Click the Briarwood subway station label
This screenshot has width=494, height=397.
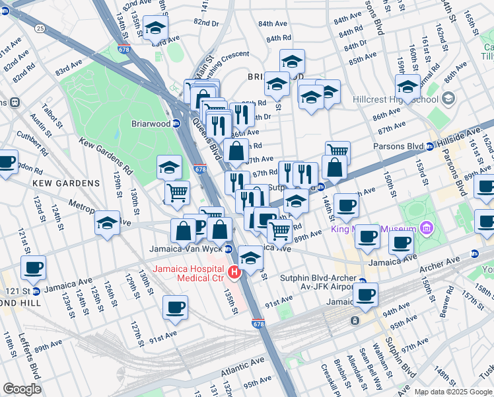tap(146, 123)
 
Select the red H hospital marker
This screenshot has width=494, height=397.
tap(233, 273)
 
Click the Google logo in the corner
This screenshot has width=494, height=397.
tap(22, 389)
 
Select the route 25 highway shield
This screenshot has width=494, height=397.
tap(41, 28)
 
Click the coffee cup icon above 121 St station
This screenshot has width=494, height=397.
tap(33, 269)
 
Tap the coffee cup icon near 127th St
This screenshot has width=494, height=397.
tap(176, 308)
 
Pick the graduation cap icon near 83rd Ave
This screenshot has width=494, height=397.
tap(155, 28)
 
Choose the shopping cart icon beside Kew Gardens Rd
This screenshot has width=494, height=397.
tap(177, 193)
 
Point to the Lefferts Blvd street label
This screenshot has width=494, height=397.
tap(30, 360)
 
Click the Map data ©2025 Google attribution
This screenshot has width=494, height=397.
tap(453, 392)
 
